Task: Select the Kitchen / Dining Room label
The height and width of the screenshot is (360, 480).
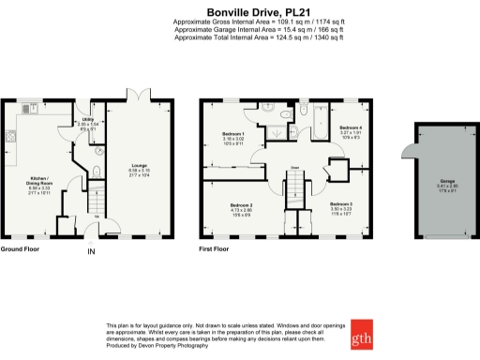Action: pos(39,183)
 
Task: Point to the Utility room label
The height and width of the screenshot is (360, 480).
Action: pos(88,121)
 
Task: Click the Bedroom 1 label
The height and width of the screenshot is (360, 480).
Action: pos(232,137)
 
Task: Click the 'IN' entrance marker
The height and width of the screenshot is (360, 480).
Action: pos(91,252)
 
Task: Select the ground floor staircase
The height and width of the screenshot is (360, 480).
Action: pos(93,201)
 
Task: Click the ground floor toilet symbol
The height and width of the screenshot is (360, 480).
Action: pos(97,171)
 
